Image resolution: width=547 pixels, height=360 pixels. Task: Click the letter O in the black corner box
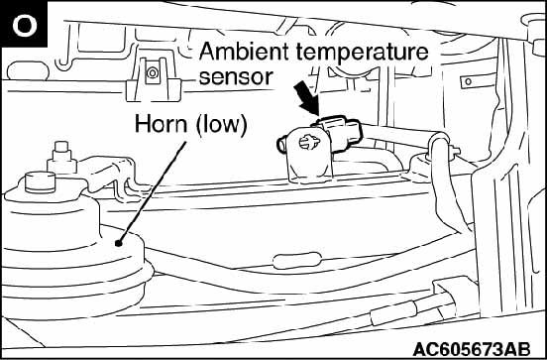(x=25, y=26)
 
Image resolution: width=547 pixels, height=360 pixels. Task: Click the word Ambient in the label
(x=244, y=52)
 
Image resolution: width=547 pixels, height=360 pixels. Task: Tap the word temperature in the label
(x=362, y=54)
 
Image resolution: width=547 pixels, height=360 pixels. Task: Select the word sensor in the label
(x=236, y=77)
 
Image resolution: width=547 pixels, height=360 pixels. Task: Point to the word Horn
(x=161, y=124)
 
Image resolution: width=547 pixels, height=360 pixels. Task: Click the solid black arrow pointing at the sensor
(x=306, y=98)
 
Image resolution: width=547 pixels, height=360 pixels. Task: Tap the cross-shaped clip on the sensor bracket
(x=309, y=142)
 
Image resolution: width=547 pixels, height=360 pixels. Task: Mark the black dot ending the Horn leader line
(x=119, y=243)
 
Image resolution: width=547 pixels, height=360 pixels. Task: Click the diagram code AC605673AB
(x=472, y=349)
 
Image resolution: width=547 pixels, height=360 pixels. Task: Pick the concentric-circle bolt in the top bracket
(x=152, y=73)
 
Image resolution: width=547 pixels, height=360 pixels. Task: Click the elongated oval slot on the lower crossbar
(x=297, y=261)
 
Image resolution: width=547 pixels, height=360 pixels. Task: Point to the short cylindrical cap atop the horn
(x=40, y=181)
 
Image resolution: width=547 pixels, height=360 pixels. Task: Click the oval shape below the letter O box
(x=28, y=71)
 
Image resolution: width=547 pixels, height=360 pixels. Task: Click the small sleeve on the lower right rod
(x=393, y=310)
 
